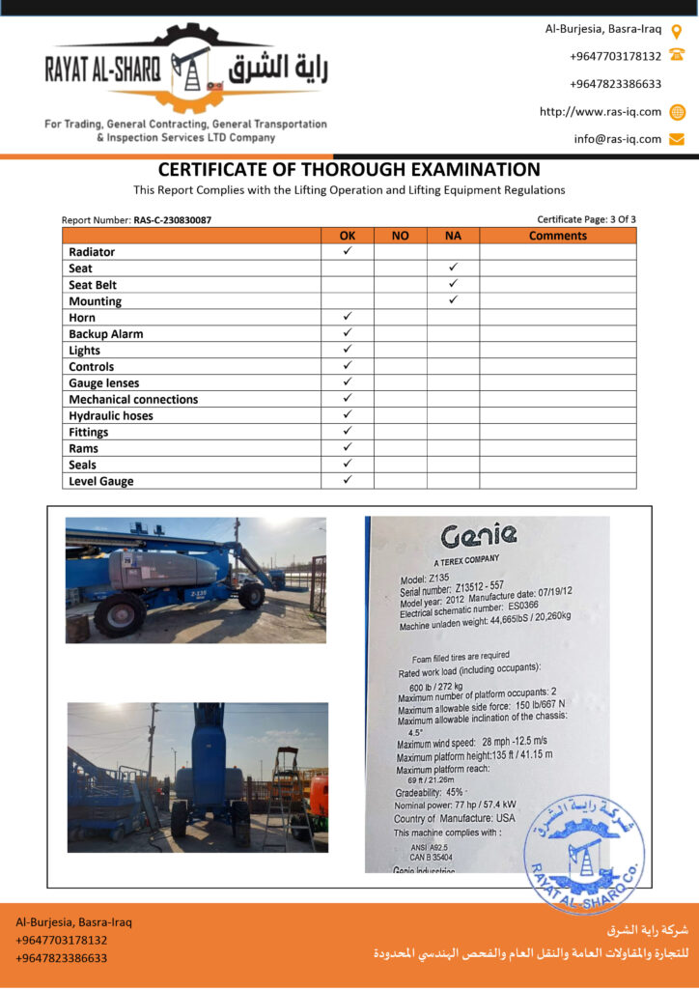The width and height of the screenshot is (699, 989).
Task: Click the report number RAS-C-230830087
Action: point(172,220)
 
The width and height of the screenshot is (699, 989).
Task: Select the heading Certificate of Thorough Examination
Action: point(349,170)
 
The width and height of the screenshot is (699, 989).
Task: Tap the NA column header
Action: point(453,236)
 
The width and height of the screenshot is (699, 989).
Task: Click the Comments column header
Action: point(558,236)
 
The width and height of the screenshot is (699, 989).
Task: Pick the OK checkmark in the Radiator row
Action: point(348,251)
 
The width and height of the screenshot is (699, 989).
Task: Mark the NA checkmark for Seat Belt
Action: point(453,284)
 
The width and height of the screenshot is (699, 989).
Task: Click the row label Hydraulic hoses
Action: point(111,415)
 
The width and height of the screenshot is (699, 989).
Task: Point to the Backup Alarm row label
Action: point(106,334)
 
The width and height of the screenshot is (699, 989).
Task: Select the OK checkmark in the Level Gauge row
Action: point(348,480)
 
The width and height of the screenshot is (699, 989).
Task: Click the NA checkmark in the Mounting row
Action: point(453,300)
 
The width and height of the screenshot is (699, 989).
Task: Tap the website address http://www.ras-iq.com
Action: point(601,111)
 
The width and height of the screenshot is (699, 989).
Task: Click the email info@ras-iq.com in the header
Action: point(618,138)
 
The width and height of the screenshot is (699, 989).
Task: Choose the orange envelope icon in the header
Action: point(677,138)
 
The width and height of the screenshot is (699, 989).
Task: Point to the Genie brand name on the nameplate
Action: point(479,535)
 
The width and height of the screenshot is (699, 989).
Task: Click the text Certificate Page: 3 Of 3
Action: point(586,219)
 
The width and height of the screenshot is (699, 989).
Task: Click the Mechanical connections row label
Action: point(133,399)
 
